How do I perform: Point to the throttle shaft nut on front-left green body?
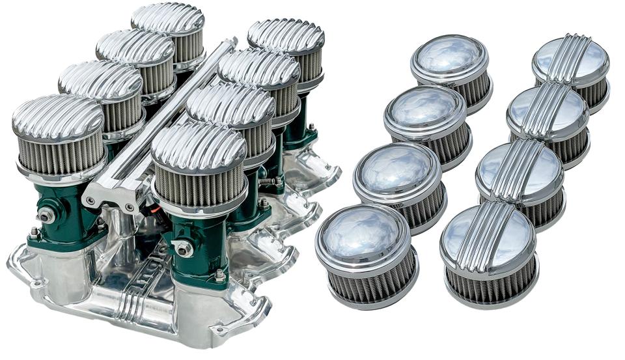pyautogui.click(x=45, y=215)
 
